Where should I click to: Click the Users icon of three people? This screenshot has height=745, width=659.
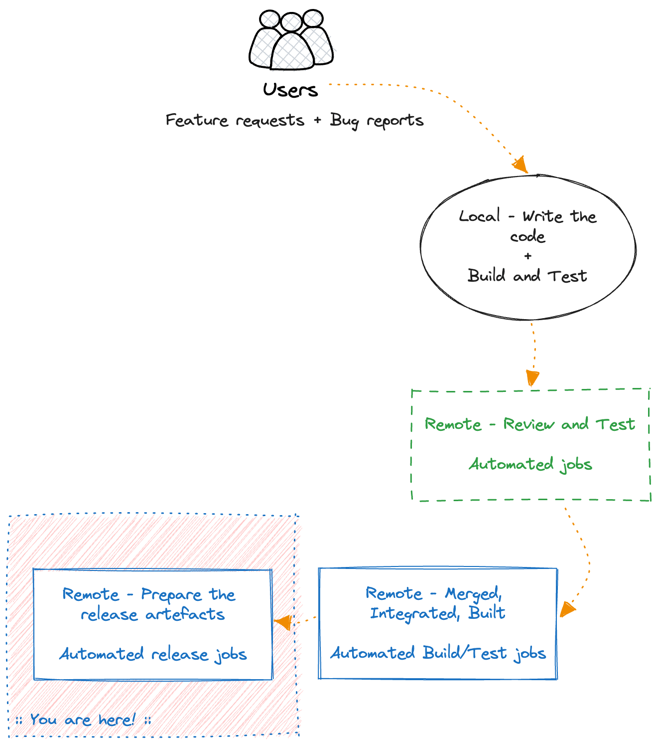coord(291,40)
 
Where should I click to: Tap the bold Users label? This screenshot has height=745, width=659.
coord(290,90)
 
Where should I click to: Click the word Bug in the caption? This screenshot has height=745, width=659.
coord(344,121)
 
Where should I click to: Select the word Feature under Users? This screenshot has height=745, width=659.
coord(197,120)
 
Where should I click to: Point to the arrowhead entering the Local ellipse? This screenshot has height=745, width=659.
coord(521,165)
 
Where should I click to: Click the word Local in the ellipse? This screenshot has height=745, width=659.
coord(479,216)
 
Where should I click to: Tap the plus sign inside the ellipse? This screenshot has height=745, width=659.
coord(528,256)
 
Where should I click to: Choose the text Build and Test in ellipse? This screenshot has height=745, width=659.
coord(527,276)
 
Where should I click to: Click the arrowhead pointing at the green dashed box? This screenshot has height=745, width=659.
coord(532,377)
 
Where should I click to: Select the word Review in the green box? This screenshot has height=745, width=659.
coord(528,424)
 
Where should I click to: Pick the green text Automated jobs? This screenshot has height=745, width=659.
coord(530,464)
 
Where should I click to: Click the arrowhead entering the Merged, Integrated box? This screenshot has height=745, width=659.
coord(567,610)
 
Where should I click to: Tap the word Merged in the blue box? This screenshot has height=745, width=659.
coord(473,593)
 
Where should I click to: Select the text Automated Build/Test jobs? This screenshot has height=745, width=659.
coord(438,653)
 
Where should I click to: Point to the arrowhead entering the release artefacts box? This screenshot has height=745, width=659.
coord(283,622)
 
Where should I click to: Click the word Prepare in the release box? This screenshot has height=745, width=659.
coord(171,594)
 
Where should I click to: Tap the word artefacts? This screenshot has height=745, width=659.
coord(185,614)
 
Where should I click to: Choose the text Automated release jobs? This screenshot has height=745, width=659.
coord(153,654)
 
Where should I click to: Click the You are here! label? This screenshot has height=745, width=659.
coord(83,720)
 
